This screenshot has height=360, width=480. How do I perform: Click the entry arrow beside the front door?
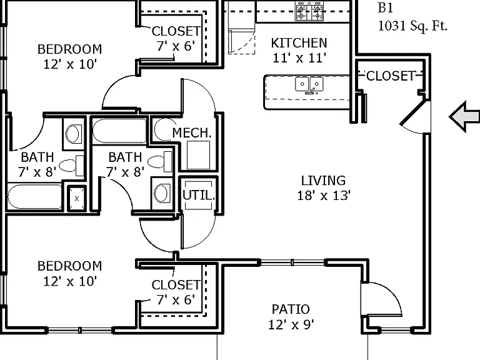pyautogui.click(x=464, y=117)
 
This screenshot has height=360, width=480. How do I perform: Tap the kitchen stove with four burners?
pyautogui.click(x=309, y=11)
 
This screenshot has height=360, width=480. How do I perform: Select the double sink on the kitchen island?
pyautogui.click(x=309, y=84)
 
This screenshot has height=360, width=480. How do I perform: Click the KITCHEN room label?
pyautogui.click(x=299, y=43)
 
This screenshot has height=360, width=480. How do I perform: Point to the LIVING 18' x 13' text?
pyautogui.click(x=324, y=187)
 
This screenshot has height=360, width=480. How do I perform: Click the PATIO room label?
pyautogui.click(x=291, y=309)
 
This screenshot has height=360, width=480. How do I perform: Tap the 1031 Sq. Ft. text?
pyautogui.click(x=412, y=26)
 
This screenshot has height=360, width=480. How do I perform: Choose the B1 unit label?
pyautogui.click(x=386, y=7)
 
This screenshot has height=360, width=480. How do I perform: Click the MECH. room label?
pyautogui.click(x=192, y=133)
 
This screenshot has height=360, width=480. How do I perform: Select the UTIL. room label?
pyautogui.click(x=198, y=195)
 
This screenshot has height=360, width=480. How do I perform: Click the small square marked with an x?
pyautogui.click(x=76, y=198)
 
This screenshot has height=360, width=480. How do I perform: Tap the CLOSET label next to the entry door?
pyautogui.click(x=391, y=76)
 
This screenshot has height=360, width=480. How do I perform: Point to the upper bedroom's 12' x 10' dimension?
pyautogui.click(x=70, y=64)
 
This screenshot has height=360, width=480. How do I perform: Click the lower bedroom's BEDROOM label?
pyautogui.click(x=70, y=266)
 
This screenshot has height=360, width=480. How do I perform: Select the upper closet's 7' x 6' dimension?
pyautogui.click(x=176, y=46)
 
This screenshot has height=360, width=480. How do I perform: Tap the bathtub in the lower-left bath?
pyautogui.click(x=34, y=196)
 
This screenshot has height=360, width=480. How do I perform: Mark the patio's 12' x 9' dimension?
pyautogui.click(x=291, y=324)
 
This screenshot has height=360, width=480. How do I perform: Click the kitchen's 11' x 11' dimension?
pyautogui.click(x=299, y=58)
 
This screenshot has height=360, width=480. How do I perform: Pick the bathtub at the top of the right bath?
pyautogui.click(x=119, y=131)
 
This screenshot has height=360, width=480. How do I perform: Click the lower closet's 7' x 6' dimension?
pyautogui.click(x=176, y=300)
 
